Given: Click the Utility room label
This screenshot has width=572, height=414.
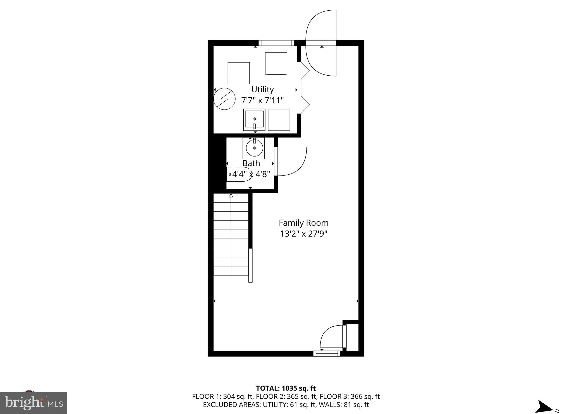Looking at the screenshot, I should [x=262, y=90].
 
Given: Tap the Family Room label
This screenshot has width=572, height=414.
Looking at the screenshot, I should [x=303, y=223].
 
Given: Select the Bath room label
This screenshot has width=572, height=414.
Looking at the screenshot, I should [x=251, y=163].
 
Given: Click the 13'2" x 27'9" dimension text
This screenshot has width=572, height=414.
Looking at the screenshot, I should [x=303, y=234].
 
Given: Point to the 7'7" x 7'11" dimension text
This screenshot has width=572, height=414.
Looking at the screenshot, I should [x=262, y=100].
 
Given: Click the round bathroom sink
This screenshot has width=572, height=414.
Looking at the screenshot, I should [x=254, y=148].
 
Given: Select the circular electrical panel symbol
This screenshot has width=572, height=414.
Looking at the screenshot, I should [x=224, y=99].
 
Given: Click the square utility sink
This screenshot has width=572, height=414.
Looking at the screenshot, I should [x=254, y=119].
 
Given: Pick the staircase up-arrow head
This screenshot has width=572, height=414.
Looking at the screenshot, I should [x=231, y=196].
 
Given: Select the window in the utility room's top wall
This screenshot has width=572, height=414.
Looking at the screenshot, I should [x=276, y=43].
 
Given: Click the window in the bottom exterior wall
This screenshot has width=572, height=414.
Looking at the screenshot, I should [x=327, y=354].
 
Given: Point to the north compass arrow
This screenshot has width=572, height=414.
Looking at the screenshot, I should [x=545, y=406].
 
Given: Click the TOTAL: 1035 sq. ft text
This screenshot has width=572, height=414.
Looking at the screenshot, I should [x=286, y=388].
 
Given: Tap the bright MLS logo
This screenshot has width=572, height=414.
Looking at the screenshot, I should [x=34, y=403].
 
